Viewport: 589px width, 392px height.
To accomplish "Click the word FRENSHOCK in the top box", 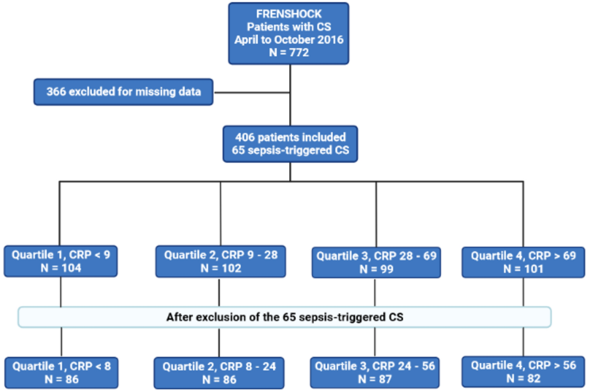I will tap(288, 14).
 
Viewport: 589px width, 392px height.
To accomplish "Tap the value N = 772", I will tap(288, 52).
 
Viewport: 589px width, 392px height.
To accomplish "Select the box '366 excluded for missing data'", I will tap(123, 92).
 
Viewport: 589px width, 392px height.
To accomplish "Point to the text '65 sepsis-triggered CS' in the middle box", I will tap(290, 150).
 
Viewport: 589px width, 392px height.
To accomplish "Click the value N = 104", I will tap(61, 268).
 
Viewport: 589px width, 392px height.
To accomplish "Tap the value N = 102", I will tap(220, 269).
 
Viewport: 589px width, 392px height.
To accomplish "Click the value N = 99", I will tap(376, 269).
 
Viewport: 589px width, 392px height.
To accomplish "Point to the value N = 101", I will tap(523, 269).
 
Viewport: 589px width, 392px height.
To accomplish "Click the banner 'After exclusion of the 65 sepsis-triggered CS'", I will tap(284, 317).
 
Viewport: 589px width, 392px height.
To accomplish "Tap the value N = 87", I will tap(374, 379).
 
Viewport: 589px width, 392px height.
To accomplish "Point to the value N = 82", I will tap(523, 379).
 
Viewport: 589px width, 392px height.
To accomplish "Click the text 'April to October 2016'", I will tap(288, 40).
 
